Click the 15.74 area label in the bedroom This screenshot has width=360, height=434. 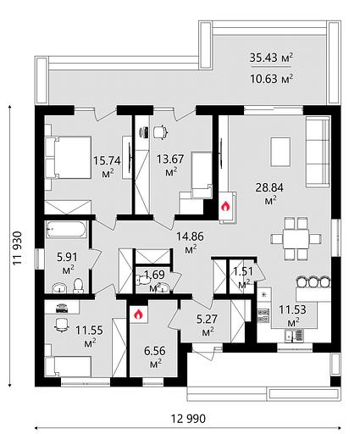click(107, 161)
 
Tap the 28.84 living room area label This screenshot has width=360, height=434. click(269, 187)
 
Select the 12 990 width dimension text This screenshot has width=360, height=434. click(188, 419)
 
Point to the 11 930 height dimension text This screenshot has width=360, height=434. click(18, 248)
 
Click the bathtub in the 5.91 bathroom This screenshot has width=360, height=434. click(66, 229)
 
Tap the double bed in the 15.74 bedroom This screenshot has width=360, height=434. click(68, 158)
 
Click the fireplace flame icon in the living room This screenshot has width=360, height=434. click(225, 207)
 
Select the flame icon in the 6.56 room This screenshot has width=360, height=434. click(138, 314)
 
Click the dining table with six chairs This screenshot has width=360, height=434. click(296, 239)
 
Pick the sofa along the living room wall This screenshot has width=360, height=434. click(318, 153)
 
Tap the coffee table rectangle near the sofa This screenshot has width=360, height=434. click(280, 152)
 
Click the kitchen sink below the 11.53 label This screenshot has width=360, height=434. click(294, 336)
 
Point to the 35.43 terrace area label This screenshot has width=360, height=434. click(271, 58)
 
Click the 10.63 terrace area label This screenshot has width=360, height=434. click(271, 79)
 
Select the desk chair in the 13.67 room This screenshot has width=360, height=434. click(161, 131)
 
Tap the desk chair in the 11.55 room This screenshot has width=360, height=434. click(62, 325)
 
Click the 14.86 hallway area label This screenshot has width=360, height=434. click(190, 236)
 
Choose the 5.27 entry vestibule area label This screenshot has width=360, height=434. click(207, 320)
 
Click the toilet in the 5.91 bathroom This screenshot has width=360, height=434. click(78, 286)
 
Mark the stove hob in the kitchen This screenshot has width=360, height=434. click(263, 316)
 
